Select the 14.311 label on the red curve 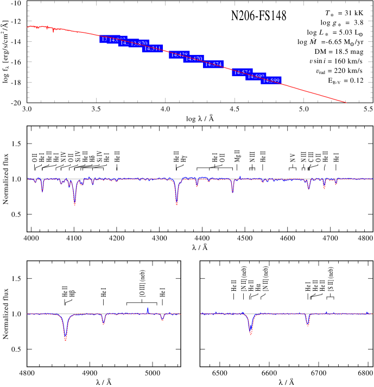click(x=153, y=49)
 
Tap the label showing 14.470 click(x=194, y=59)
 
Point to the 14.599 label click(x=271, y=80)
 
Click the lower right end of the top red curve click(x=346, y=102)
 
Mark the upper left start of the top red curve click(x=28, y=26)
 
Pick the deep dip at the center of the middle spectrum click(x=177, y=203)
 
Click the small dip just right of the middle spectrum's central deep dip click(x=197, y=185)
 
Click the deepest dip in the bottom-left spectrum click(x=66, y=339)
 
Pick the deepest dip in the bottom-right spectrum click(x=251, y=334)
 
